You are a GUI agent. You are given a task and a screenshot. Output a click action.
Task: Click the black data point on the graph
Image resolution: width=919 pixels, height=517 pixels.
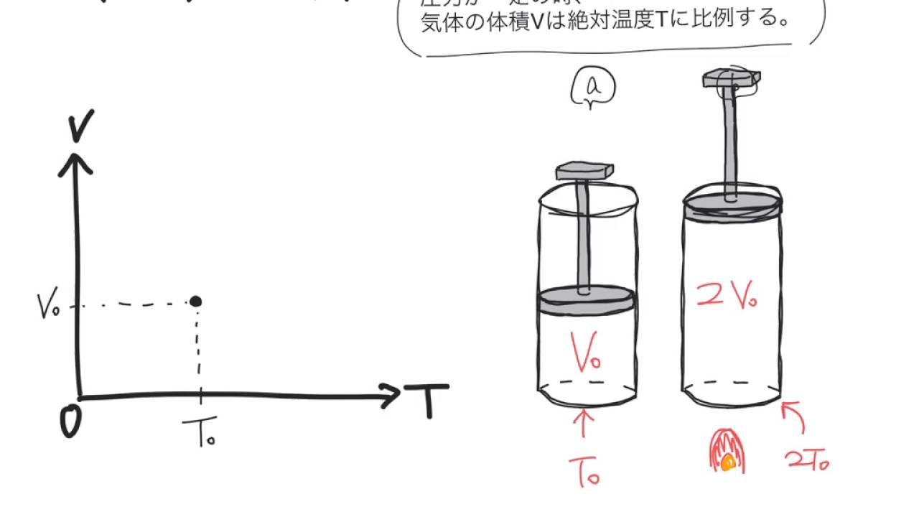click(x=195, y=302)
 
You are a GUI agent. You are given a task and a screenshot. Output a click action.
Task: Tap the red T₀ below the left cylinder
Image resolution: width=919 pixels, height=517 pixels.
click(x=584, y=471)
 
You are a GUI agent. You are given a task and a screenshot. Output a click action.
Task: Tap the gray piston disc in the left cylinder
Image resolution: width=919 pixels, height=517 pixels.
click(x=587, y=301)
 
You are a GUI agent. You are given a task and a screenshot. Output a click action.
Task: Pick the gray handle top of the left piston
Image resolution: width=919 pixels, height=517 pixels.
click(x=585, y=172)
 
